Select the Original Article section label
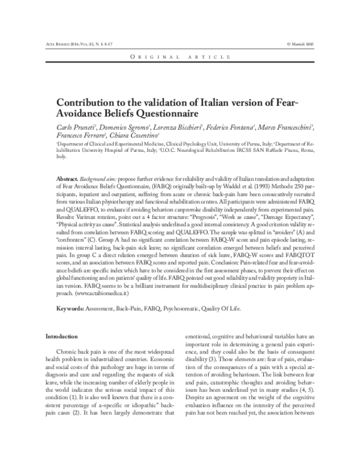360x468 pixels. click(180, 56)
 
